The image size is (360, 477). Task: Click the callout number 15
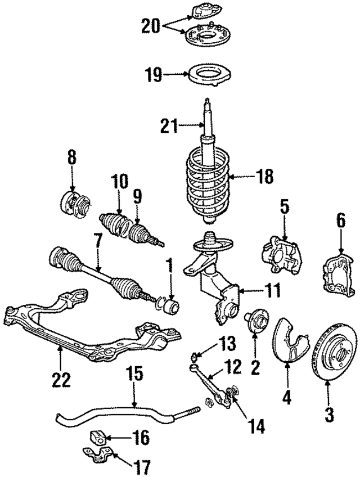coord(134,373)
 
